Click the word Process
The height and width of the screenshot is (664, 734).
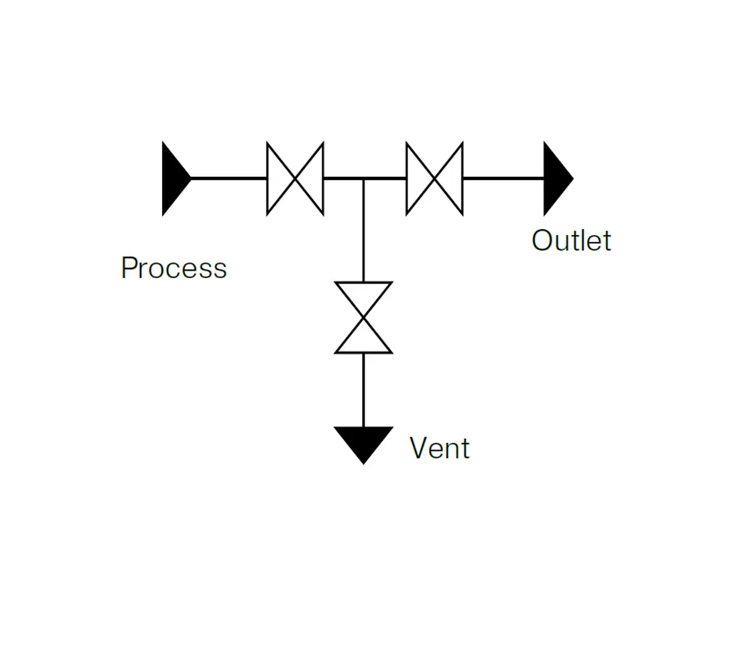[x=174, y=267]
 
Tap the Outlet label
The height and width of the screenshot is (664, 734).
[x=571, y=241]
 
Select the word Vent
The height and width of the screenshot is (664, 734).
[x=439, y=448]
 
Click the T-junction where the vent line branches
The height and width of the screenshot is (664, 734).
[x=363, y=178]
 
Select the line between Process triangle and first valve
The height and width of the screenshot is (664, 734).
[x=229, y=178]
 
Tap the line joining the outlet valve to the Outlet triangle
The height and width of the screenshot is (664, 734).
[x=503, y=178]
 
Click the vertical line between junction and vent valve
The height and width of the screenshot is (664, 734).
[x=363, y=230]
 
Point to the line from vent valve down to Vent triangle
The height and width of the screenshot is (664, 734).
[x=363, y=390]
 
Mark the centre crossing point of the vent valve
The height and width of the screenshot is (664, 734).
[x=363, y=318]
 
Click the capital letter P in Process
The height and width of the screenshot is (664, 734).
[x=129, y=267]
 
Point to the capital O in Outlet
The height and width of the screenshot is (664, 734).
[x=542, y=241]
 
